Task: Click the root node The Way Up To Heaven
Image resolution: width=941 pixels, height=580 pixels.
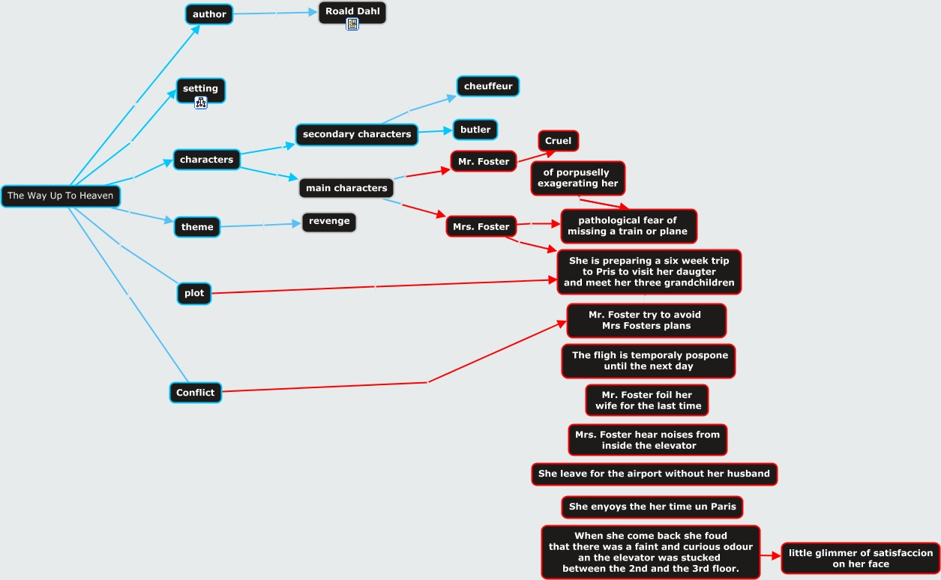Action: tap(60, 196)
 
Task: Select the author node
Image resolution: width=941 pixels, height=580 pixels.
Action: tap(209, 14)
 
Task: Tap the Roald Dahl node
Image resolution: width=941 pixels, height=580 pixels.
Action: tap(352, 11)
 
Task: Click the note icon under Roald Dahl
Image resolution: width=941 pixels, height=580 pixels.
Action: tap(352, 24)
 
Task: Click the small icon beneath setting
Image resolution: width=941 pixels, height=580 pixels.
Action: tap(201, 103)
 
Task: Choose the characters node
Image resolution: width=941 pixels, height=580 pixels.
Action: tap(206, 160)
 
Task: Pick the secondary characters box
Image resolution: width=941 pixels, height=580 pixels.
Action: tap(357, 134)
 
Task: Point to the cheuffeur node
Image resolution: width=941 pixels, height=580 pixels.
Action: tap(488, 86)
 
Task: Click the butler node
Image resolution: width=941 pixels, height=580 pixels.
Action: tap(475, 130)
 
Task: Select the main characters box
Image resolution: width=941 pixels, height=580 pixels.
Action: tap(346, 188)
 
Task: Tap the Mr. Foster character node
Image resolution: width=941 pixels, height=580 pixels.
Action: tap(484, 161)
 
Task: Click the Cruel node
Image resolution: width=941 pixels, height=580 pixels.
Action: tap(558, 141)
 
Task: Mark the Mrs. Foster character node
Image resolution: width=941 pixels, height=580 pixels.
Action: tap(481, 226)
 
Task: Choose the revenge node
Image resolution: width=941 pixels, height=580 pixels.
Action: tap(329, 221)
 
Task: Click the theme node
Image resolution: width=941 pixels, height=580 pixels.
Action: tap(197, 227)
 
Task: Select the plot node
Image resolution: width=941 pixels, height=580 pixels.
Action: tap(194, 293)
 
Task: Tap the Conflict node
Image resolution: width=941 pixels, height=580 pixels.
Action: tap(196, 393)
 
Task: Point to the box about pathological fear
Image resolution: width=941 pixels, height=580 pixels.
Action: tap(628, 226)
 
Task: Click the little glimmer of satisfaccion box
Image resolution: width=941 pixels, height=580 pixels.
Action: tap(860, 558)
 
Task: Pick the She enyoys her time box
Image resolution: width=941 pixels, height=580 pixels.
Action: tap(652, 507)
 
